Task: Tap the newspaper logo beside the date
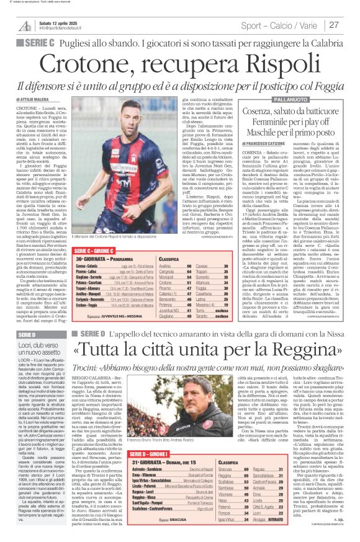pyautogui.click(x=24, y=25)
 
